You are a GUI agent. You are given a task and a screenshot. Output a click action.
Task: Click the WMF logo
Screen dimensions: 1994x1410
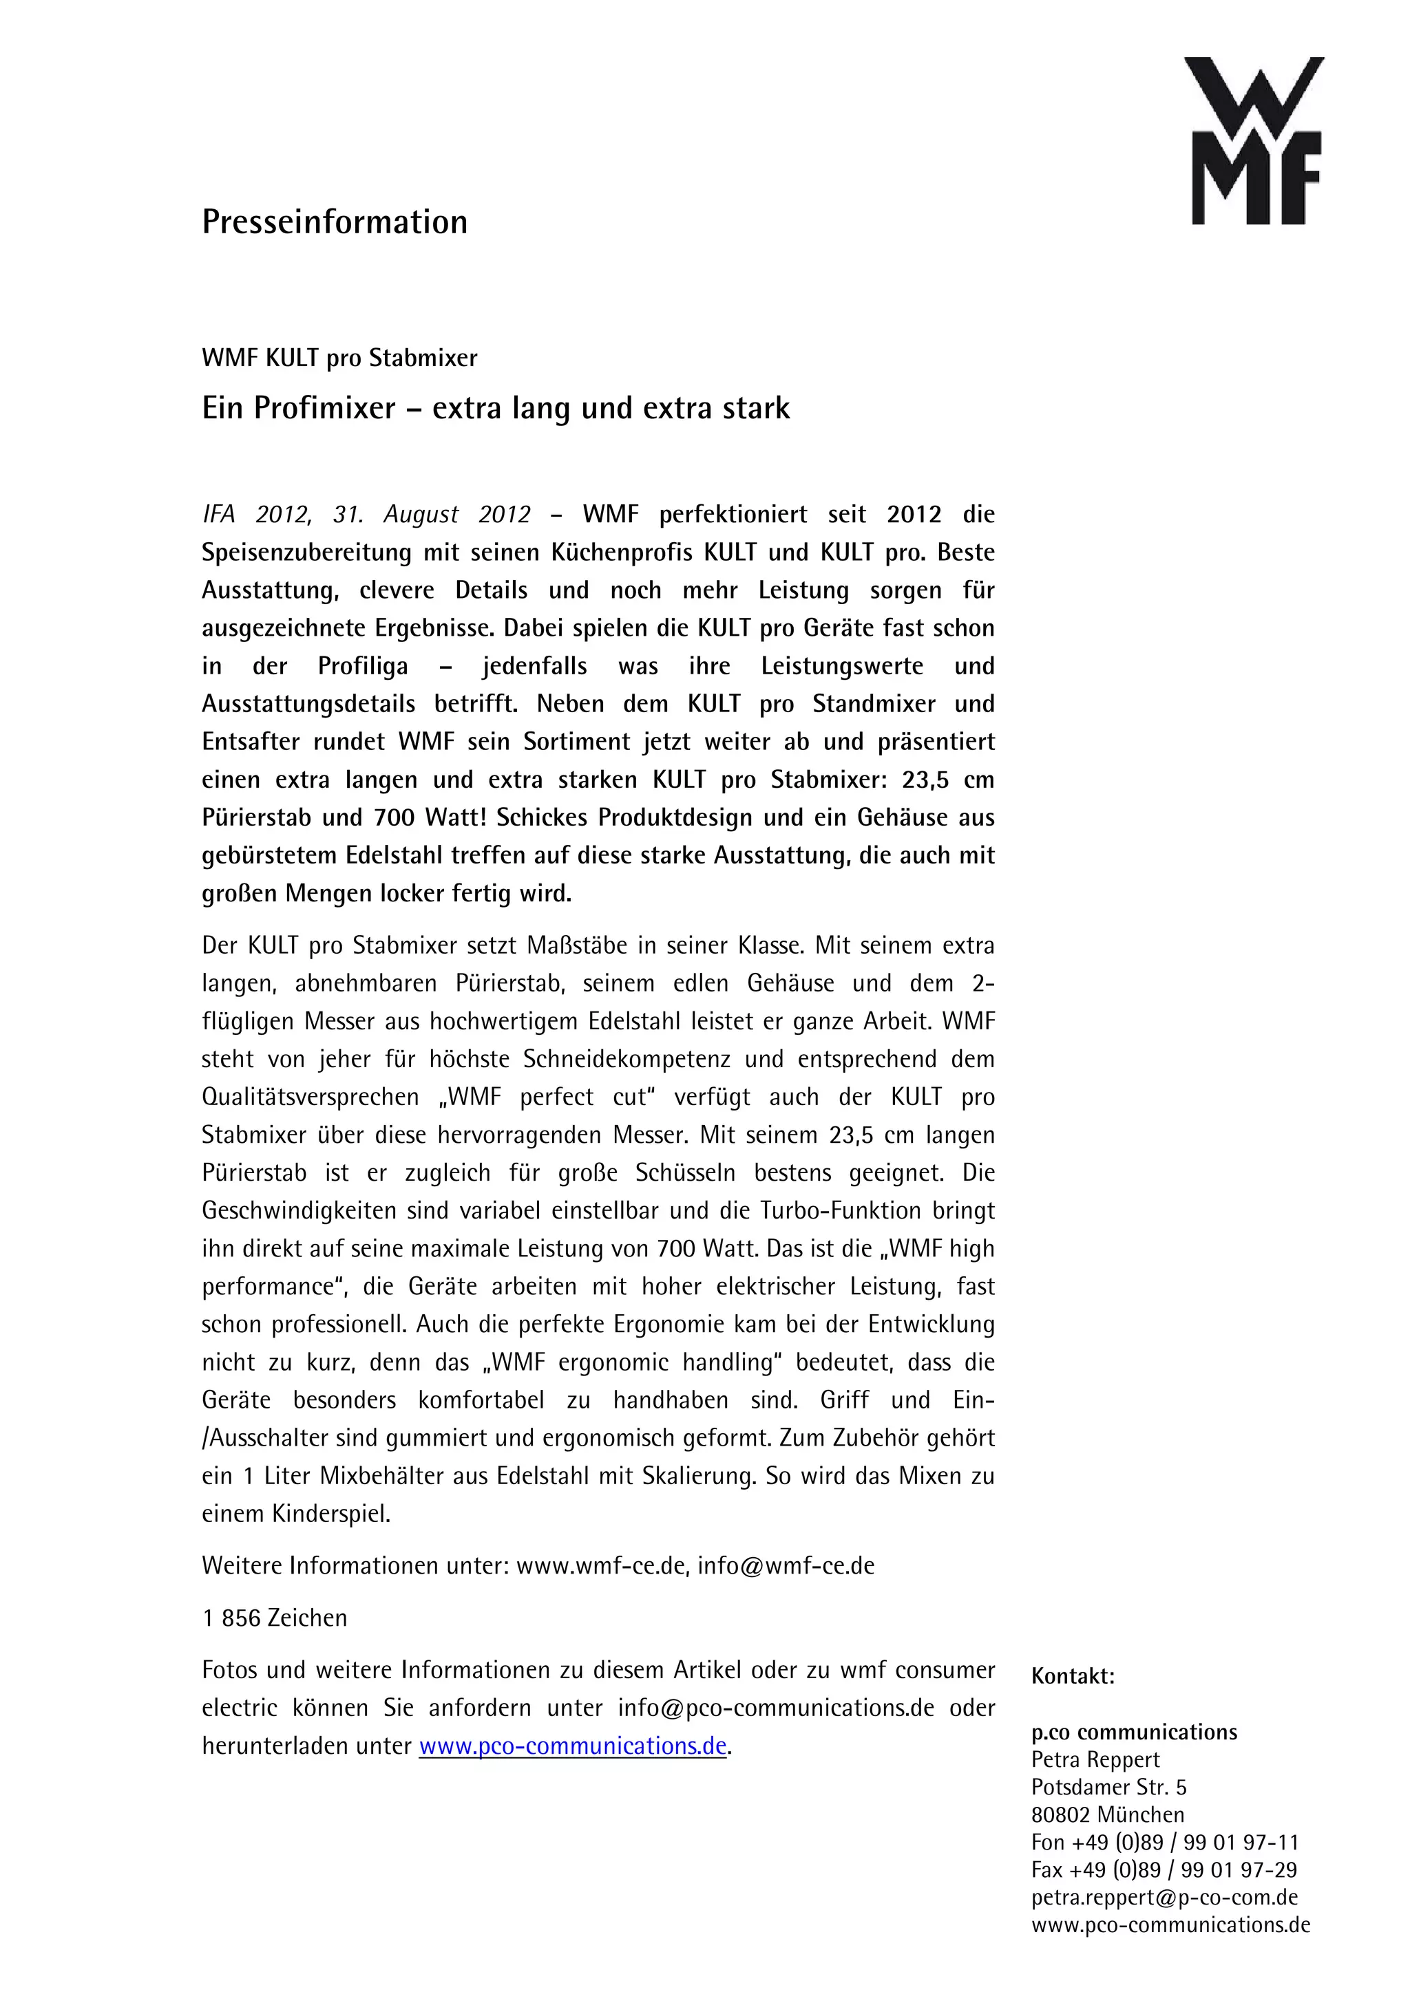tap(1254, 140)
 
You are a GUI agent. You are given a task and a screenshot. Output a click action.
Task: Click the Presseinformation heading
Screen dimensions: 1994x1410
tap(335, 222)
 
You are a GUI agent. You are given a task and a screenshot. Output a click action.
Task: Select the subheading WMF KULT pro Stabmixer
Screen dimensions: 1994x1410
tap(339, 358)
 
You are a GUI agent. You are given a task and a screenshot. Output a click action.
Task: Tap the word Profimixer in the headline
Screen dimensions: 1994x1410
tap(324, 408)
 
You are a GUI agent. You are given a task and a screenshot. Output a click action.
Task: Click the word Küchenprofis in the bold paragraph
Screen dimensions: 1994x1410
tap(622, 553)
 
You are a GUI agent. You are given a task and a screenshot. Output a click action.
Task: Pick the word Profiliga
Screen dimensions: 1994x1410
tap(362, 666)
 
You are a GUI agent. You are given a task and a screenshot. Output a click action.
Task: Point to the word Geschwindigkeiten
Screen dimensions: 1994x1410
tap(299, 1211)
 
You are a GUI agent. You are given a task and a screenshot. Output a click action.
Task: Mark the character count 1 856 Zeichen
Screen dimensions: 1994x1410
tap(275, 1618)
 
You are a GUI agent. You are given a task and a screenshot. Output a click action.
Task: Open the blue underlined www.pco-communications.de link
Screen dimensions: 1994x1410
tap(573, 1746)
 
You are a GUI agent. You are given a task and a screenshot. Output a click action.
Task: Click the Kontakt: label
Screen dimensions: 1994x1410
tap(1072, 1676)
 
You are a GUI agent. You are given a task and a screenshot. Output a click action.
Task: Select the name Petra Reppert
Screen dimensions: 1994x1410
tap(1095, 1759)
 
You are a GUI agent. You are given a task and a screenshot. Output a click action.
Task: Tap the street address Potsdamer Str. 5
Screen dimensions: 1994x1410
tap(1108, 1788)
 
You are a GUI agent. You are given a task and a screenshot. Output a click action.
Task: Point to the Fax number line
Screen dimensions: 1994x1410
tap(1164, 1870)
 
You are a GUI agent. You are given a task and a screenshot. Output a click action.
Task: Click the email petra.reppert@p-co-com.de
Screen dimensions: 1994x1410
tap(1164, 1898)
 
